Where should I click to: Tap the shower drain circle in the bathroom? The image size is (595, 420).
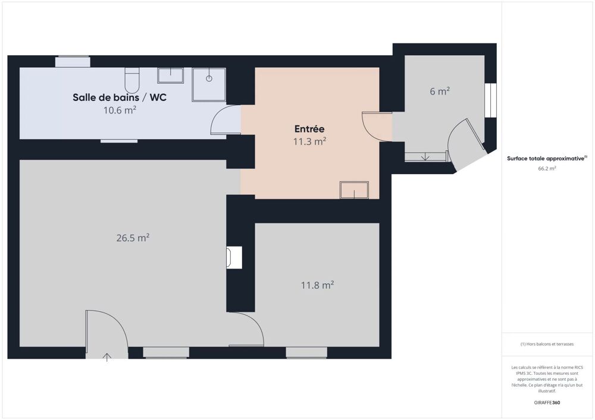coord(209,78)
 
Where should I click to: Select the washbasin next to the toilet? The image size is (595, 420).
coord(170,75)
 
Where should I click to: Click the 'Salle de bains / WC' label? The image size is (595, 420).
coord(120,97)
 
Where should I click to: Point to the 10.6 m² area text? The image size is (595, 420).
coord(120,110)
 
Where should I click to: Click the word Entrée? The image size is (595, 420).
coord(309,129)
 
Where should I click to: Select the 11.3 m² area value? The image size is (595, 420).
coord(309,141)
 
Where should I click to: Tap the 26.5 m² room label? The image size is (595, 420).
coord(133,238)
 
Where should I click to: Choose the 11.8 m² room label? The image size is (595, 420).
coord(317,285)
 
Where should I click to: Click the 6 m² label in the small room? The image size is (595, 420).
coord(440,91)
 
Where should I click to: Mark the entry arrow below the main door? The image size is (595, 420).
coord(107,357)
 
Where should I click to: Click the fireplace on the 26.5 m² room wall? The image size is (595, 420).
coord(234,258)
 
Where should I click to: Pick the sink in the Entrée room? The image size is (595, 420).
coord(354,190)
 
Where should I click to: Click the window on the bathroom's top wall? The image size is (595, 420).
coord(73,62)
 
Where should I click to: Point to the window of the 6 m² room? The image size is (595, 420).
coord(490,100)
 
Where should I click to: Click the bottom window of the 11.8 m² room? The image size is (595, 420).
coord(306,353)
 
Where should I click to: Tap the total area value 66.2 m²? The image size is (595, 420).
coord(547,169)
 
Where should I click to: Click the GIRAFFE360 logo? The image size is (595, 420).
coord(547,403)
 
